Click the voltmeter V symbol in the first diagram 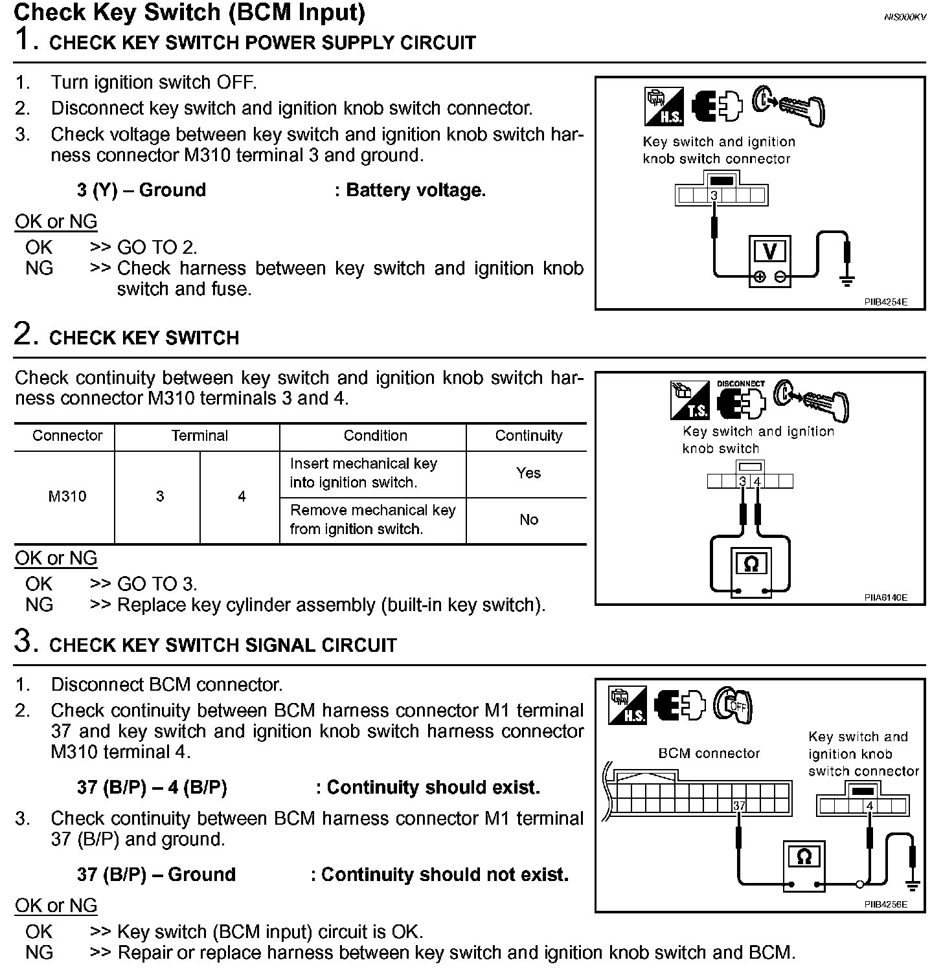(770, 251)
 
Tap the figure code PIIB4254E (885, 302)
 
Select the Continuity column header (528, 436)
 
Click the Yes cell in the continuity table (528, 473)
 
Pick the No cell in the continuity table (528, 520)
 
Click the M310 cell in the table (67, 497)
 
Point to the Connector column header (67, 436)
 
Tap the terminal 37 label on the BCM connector (739, 806)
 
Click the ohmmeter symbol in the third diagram (804, 857)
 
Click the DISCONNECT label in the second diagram (740, 384)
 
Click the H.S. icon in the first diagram (665, 107)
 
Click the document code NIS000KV (905, 17)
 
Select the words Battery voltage (416, 190)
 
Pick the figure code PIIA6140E (885, 597)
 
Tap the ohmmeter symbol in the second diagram (751, 564)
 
